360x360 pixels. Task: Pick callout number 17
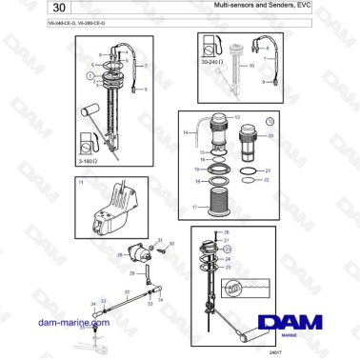pyautogui.click(x=195, y=207)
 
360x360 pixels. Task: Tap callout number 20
pyautogui.click(x=270, y=136)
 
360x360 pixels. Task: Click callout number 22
pyautogui.click(x=266, y=180)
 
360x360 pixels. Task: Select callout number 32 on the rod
pyautogui.click(x=127, y=292)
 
